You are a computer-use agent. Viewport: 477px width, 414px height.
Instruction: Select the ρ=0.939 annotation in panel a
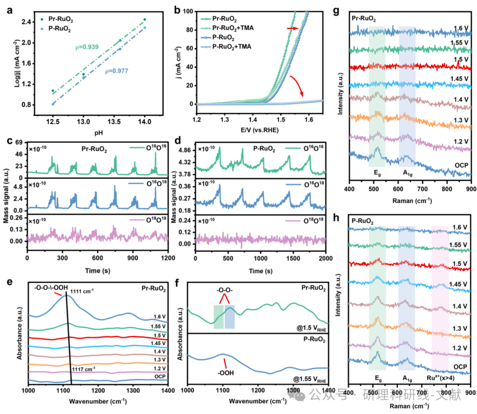coord(87,47)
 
